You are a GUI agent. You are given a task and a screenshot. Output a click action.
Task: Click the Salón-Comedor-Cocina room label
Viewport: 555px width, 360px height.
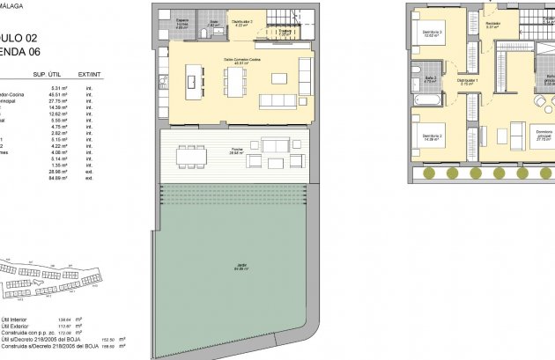[234, 60]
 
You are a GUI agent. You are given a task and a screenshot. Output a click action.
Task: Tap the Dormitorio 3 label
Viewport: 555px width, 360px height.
[431, 34]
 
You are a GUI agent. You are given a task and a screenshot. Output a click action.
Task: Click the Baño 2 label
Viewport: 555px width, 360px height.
[431, 79]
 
